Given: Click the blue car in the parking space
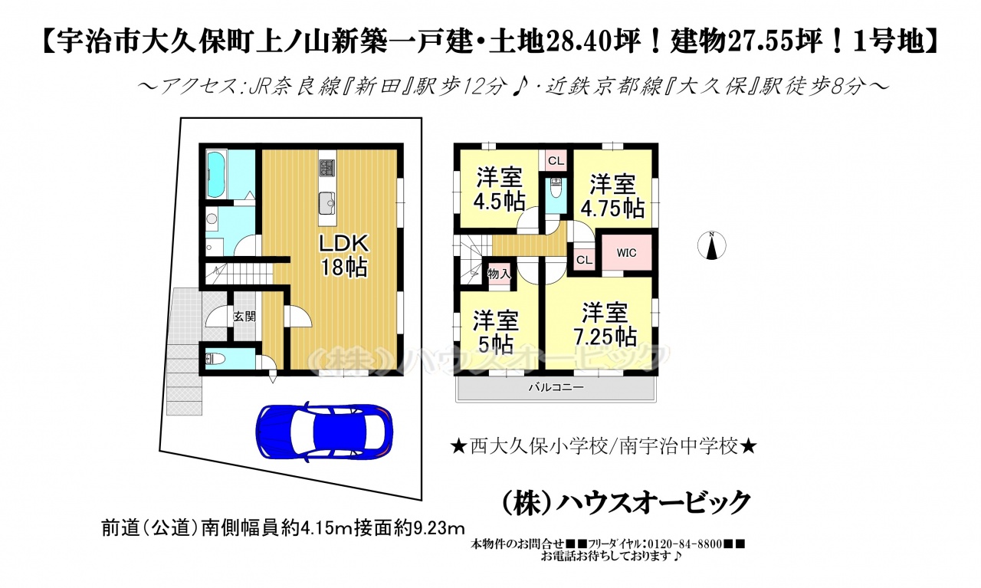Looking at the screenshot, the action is pyautogui.click(x=324, y=431).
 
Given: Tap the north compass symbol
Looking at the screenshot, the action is pyautogui.click(x=712, y=245).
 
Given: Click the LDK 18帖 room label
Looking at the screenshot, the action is pyautogui.click(x=344, y=255).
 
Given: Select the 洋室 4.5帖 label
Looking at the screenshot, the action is pyautogui.click(x=499, y=189).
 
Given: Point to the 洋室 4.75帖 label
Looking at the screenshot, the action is pyautogui.click(x=612, y=195).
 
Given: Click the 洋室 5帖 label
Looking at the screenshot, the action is pyautogui.click(x=495, y=333).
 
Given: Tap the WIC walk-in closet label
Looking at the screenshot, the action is pyautogui.click(x=626, y=253).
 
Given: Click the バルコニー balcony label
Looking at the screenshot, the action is pyautogui.click(x=556, y=388).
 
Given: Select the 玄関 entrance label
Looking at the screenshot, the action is pyautogui.click(x=244, y=317).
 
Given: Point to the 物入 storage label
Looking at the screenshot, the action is pyautogui.click(x=499, y=274).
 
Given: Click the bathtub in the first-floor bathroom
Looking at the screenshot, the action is pyautogui.click(x=215, y=174).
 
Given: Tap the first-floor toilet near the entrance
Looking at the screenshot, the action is pyautogui.click(x=215, y=360).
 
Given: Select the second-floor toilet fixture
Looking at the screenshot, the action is pyautogui.click(x=556, y=188).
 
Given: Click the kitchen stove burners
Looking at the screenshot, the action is pyautogui.click(x=326, y=168).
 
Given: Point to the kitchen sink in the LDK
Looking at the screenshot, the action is pyautogui.click(x=326, y=203).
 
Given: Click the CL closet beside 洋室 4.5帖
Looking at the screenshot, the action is pyautogui.click(x=556, y=161).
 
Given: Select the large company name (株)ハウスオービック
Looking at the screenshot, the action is pyautogui.click(x=626, y=503).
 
